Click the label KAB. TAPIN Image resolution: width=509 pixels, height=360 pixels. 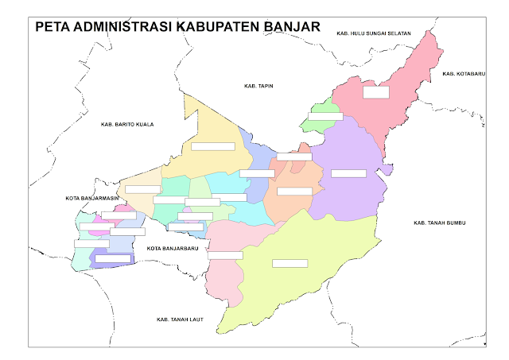pos(258,85)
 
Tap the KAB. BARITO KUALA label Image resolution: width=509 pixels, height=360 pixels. pos(127,124)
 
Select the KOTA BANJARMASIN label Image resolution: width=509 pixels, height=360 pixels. pos(92,197)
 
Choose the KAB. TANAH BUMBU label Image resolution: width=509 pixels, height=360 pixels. pos(440,223)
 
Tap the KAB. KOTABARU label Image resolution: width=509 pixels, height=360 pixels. pos(460,74)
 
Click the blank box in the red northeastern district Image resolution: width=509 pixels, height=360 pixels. pos(375,92)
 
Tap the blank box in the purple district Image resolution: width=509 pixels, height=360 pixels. pos(348,173)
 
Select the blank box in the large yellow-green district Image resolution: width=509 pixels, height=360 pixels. pos(289,263)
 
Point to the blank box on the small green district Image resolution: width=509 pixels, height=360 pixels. pos(324,116)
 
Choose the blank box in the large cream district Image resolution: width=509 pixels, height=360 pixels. pos(213,146)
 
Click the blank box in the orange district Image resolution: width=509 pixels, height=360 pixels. pos(294,191)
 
